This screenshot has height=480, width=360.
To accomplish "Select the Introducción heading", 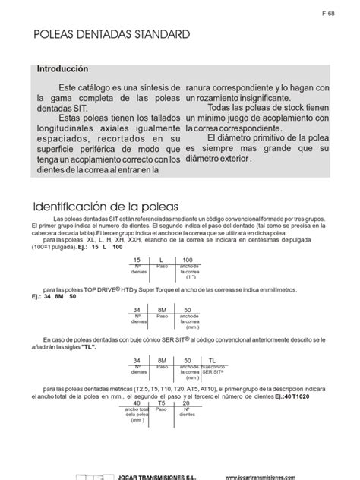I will (68, 69).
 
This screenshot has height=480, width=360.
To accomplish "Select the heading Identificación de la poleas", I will (105, 207).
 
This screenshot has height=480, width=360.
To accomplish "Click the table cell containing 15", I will (137, 261).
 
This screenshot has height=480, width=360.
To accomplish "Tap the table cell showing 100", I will (188, 261).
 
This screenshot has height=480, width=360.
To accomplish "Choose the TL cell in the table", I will (212, 360).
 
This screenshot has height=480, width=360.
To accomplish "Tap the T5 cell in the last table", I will (161, 404).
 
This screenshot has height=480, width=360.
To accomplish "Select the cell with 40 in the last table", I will (137, 404).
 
